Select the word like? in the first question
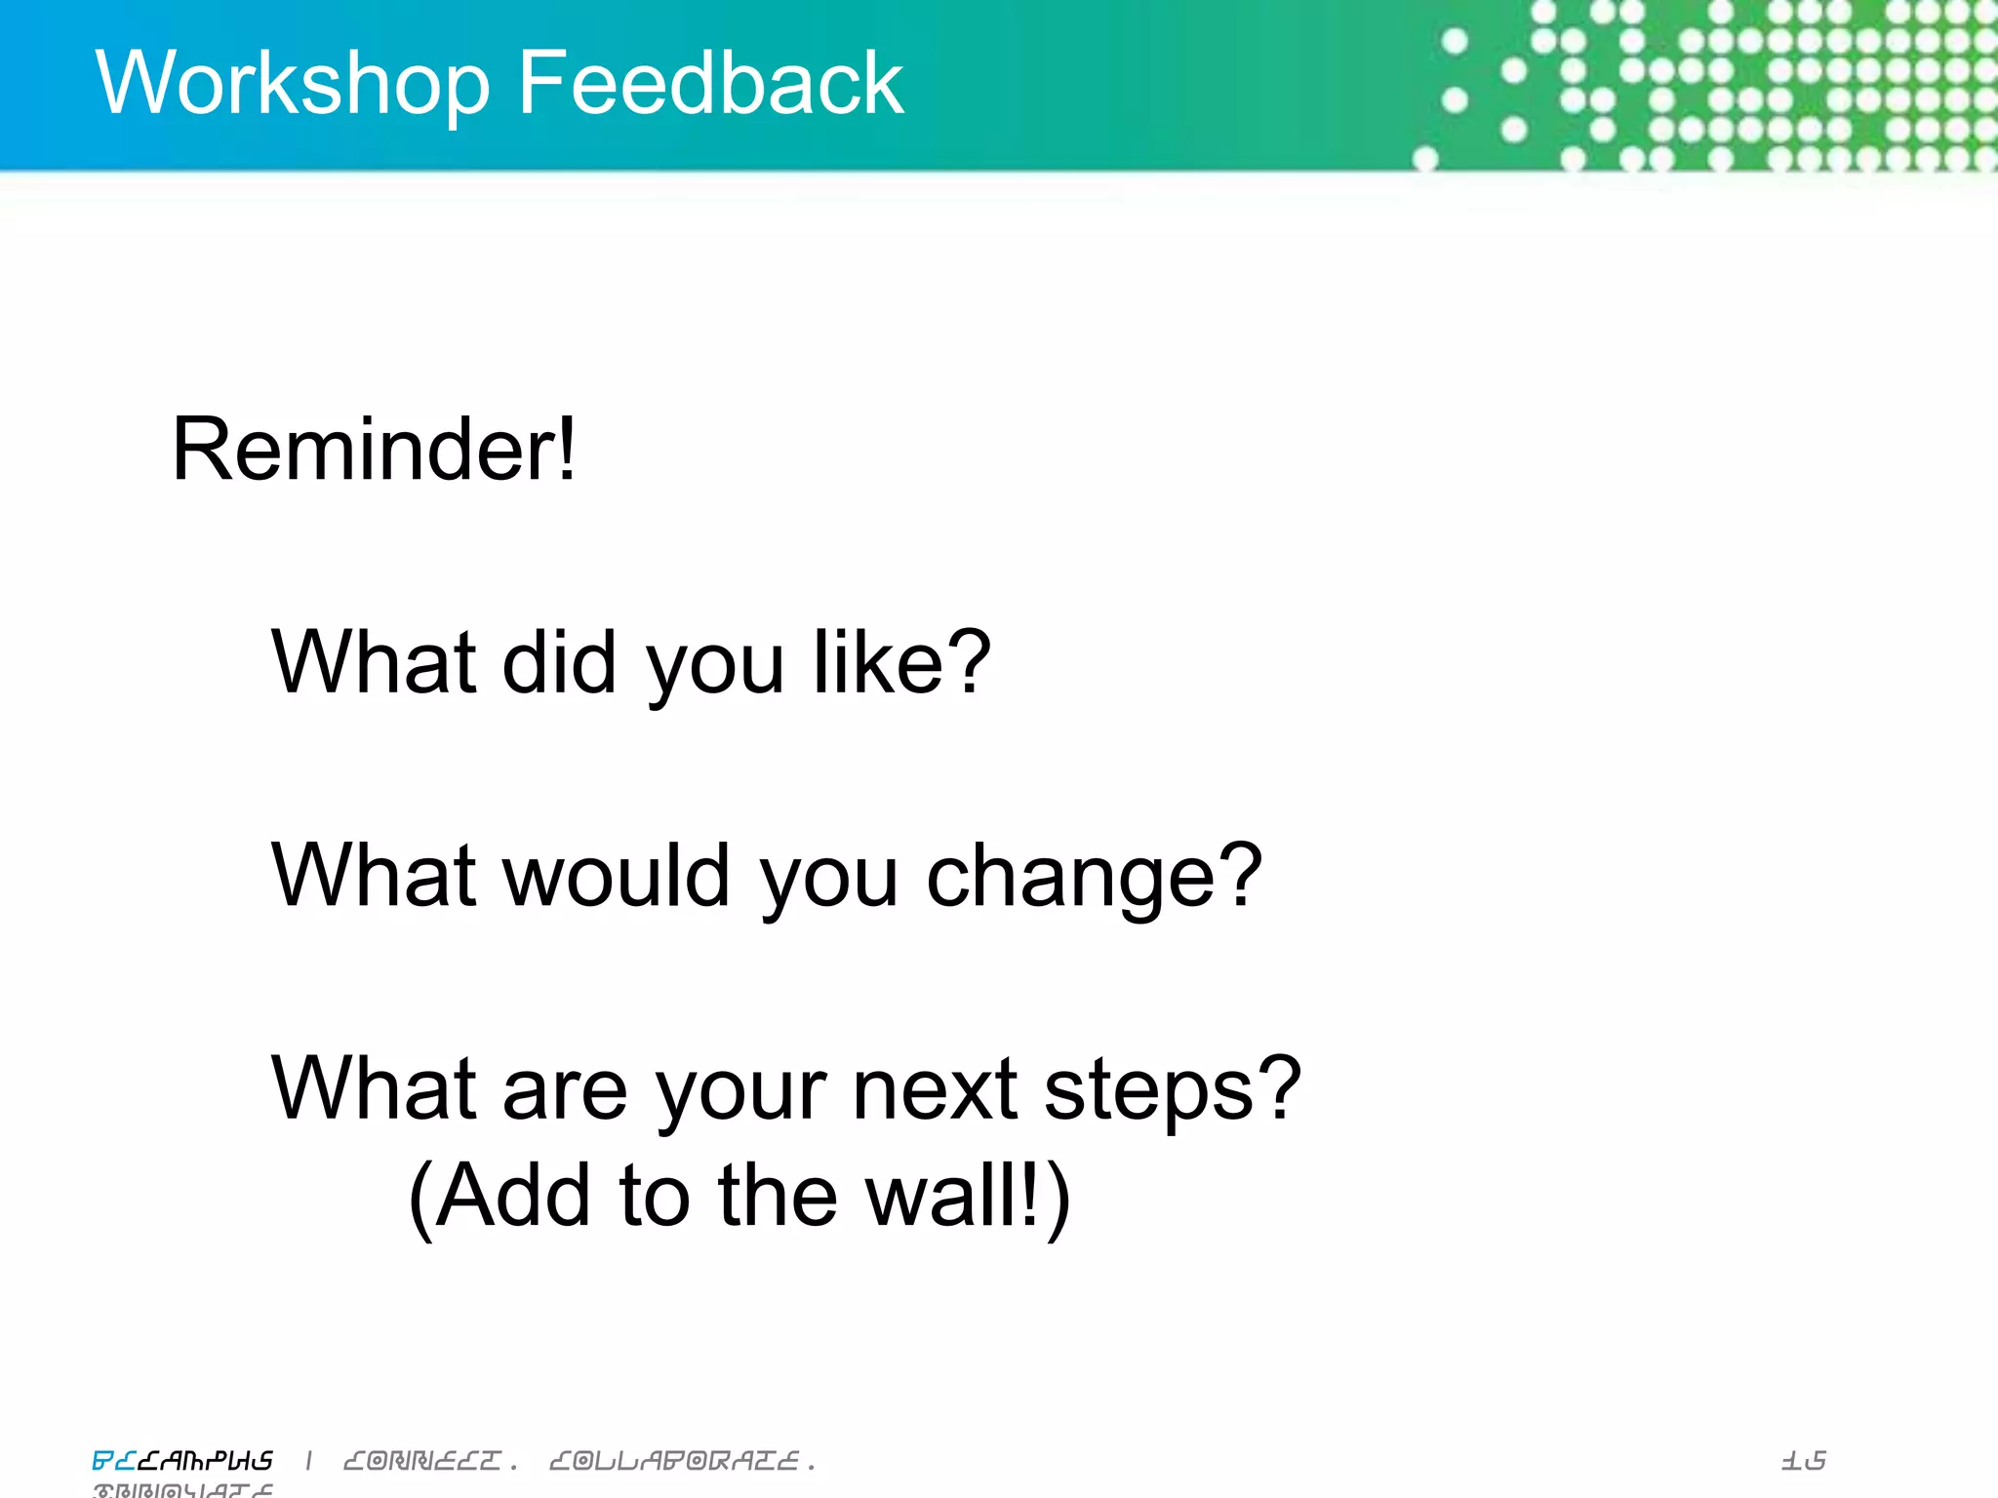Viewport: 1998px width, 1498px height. pos(902,663)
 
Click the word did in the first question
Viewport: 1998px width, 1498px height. pos(559,663)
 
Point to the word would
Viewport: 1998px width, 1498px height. pos(617,875)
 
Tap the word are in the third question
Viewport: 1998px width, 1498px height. pos(565,1090)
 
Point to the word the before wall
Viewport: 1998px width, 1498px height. pos(778,1196)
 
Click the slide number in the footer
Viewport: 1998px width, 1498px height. pos(1803,1461)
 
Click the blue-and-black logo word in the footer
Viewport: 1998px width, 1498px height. pos(182,1461)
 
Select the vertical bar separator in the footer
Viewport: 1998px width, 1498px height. pos(309,1460)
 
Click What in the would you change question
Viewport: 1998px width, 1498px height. pos(375,875)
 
